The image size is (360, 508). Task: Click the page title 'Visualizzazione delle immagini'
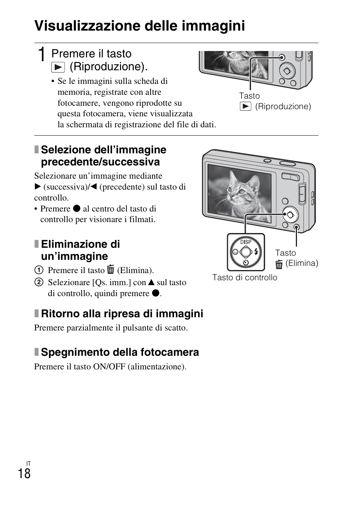point(140,26)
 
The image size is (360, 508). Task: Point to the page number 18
point(24,474)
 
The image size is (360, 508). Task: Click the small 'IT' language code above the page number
point(28,463)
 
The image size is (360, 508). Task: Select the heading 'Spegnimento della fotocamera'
point(120,352)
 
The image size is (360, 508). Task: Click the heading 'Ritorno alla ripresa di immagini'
point(122,314)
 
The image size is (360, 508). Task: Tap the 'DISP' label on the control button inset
point(246,242)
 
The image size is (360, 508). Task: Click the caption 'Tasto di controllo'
point(245,278)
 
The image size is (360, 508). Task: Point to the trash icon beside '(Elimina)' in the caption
point(279,264)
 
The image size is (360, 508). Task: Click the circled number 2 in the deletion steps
point(38,283)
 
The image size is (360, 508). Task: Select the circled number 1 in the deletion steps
point(38,270)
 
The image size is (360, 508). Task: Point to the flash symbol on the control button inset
point(256,252)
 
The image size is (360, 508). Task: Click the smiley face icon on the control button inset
point(235,252)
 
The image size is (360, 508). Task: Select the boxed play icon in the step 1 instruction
point(58,67)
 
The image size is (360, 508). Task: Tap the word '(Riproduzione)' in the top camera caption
point(283,107)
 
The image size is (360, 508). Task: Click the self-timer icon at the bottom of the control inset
point(246,262)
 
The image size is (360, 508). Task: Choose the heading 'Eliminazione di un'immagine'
point(80,250)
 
